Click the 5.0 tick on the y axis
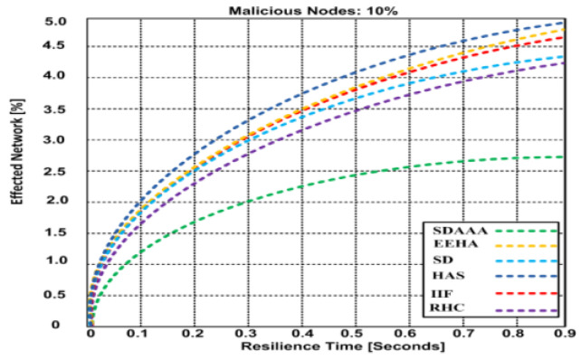57,21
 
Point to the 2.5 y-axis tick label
57,170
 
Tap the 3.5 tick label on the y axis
57,109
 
